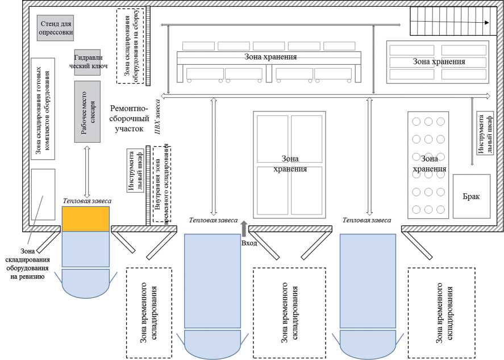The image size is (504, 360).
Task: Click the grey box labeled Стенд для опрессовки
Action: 55,28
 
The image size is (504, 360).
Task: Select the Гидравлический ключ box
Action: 88,63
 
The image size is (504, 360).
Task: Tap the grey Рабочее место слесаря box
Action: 88,111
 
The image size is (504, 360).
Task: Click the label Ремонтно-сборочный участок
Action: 129,119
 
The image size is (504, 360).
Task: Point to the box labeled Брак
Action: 472,196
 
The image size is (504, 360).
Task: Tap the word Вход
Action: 249,243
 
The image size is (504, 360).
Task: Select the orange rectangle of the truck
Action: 86,219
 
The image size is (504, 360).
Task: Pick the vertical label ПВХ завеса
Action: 157,117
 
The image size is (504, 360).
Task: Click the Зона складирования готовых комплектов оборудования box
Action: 43,109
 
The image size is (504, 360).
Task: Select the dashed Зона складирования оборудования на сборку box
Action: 130,46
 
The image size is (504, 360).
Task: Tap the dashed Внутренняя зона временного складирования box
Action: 162,184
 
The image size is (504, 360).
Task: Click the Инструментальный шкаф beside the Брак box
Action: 485,134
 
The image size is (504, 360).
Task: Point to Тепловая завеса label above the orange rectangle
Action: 87,201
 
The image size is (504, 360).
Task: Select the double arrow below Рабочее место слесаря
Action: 87,172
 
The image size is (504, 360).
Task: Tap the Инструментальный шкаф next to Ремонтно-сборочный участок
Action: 135,170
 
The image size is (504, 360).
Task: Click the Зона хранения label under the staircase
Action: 439,61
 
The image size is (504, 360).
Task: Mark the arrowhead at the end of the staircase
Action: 486,23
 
